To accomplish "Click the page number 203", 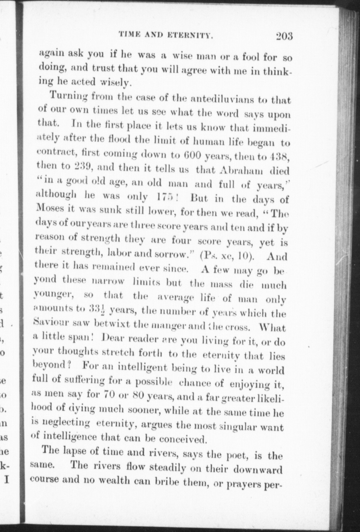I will [x=284, y=36].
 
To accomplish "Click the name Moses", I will [x=51, y=213].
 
